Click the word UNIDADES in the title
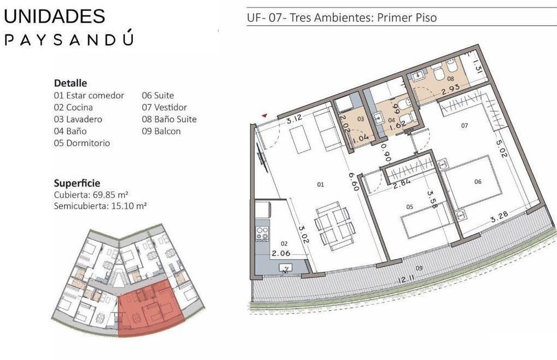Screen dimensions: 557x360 click(54, 16)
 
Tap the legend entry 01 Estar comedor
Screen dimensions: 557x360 click(89, 96)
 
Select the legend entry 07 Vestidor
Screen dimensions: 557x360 click(165, 107)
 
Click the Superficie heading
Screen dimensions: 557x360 click(77, 183)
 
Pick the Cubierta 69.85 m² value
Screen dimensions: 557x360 click(91, 195)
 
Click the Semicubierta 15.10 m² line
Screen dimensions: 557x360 click(101, 206)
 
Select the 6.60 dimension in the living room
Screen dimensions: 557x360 click(353, 182)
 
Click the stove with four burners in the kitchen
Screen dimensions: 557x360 click(263, 234)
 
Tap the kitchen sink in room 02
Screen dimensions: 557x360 click(285, 268)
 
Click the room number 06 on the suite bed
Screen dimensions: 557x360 click(478, 182)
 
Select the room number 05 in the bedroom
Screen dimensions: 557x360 click(409, 207)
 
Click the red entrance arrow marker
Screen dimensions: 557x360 click(264, 115)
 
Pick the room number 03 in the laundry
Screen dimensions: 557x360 click(361, 119)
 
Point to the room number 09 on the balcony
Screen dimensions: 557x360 click(419, 268)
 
